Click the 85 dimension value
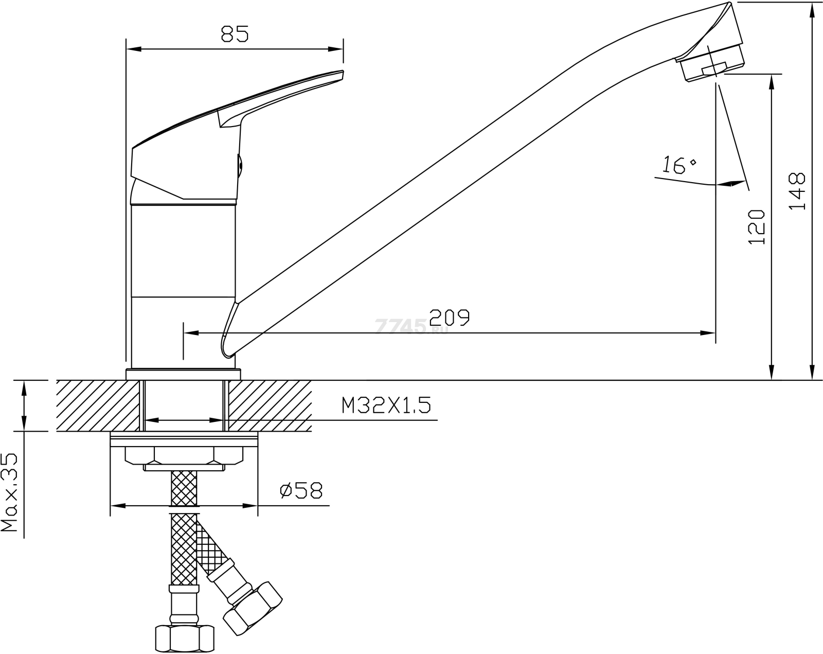(x=235, y=33)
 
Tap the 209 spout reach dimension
(x=450, y=317)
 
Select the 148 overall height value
(x=797, y=191)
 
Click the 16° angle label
(x=679, y=165)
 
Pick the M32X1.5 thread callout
(x=386, y=405)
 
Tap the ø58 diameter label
(x=301, y=490)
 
